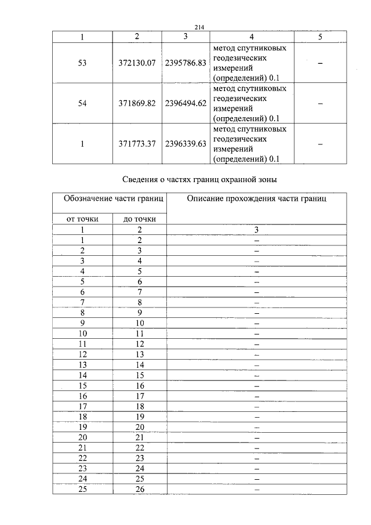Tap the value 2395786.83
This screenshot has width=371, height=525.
click(185, 63)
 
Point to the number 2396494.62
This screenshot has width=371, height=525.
click(185, 103)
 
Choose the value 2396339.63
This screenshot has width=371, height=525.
click(185, 144)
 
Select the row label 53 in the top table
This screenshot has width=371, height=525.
click(82, 63)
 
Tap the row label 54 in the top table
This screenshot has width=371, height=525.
click(82, 103)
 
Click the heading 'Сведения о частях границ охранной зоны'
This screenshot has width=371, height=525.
click(200, 180)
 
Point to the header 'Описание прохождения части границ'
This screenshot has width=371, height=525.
click(257, 199)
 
